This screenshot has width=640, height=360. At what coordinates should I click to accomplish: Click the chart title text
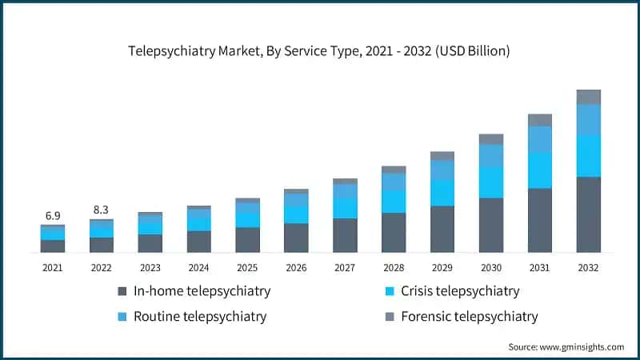(319, 50)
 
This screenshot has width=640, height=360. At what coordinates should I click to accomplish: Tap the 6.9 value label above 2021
(53, 215)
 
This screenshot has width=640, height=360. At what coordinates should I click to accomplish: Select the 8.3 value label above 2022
(101, 210)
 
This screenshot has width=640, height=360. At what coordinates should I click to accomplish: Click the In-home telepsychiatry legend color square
(122, 291)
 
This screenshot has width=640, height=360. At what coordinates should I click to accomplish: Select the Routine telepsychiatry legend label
(201, 317)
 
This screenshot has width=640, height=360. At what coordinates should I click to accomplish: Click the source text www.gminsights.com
(566, 346)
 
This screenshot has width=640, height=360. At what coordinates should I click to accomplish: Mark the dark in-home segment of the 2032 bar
(588, 214)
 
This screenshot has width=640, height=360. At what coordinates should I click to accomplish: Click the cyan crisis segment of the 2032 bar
(588, 155)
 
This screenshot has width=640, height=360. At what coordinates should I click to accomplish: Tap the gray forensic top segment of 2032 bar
(588, 97)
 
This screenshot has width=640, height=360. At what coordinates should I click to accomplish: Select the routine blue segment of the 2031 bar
(540, 139)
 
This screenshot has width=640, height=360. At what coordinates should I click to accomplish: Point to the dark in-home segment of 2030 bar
(491, 225)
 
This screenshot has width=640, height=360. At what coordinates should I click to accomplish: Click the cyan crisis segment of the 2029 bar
(442, 193)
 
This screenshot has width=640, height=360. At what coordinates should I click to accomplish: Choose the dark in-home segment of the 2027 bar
(345, 235)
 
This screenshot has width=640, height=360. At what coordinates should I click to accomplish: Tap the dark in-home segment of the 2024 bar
(198, 242)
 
